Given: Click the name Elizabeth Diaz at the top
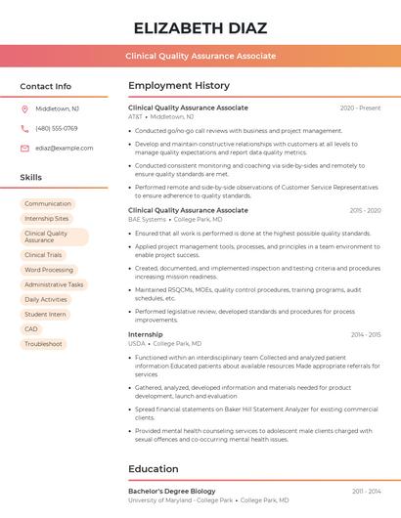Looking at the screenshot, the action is click(x=200, y=27).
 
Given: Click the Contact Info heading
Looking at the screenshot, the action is click(x=45, y=86).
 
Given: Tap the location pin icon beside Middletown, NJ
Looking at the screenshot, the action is click(x=24, y=108).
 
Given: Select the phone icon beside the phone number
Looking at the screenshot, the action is click(x=24, y=128).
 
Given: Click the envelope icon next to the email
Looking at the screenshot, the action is click(x=24, y=148).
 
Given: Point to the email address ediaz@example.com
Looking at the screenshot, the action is click(x=64, y=148).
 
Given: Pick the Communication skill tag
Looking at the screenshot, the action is click(x=47, y=204).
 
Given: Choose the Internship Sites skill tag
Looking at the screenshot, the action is click(x=46, y=219).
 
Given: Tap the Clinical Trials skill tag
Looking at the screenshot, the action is click(x=42, y=255).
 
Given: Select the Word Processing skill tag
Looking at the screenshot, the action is click(x=49, y=270).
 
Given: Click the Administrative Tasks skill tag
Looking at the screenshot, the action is click(x=54, y=284).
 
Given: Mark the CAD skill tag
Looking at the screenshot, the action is click(x=31, y=329).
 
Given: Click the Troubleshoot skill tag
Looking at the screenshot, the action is click(x=43, y=344).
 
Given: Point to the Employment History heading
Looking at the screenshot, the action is click(x=179, y=86).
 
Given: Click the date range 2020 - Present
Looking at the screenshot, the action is click(x=360, y=108).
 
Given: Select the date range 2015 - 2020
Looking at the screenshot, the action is click(x=365, y=210).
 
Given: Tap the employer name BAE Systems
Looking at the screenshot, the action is click(x=147, y=220).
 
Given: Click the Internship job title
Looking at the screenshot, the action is click(x=146, y=334).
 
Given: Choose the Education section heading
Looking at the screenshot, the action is click(x=153, y=469).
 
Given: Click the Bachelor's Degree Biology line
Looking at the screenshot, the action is click(x=172, y=491).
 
